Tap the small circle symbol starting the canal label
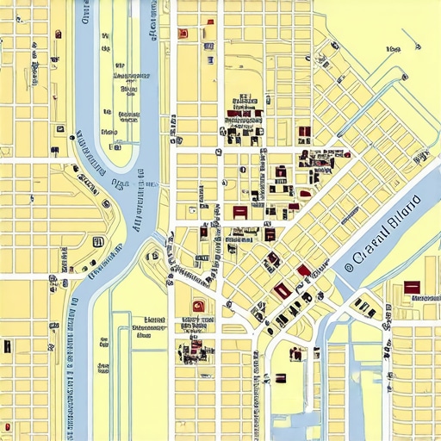click(349, 267)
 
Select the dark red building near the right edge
click(411, 286)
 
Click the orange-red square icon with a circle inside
click(198, 304)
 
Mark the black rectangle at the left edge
click(7, 345)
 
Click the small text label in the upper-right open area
click(394, 50)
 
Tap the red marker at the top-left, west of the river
click(59, 34)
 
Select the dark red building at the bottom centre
click(280, 377)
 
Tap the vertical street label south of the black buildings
click(256, 379)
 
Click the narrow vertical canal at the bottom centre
click(320, 388)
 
